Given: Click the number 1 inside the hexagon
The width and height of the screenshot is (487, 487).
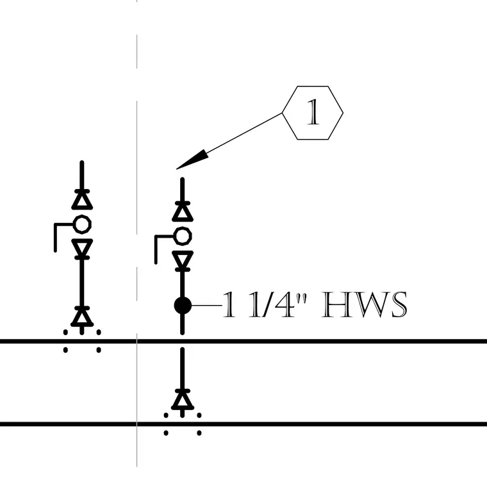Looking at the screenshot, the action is tap(313, 112).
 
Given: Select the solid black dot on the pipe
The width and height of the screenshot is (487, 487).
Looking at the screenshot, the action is tap(183, 306).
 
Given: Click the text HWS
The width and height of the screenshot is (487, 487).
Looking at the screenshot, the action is tap(364, 304).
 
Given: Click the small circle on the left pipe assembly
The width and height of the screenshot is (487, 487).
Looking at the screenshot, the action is tap(82, 224).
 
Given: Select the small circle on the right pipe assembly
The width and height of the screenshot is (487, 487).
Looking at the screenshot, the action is tap(183, 236).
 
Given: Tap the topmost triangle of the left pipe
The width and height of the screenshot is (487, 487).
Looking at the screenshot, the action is tap(82, 201).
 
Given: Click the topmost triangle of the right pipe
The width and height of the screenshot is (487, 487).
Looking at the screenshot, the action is tap(183, 213).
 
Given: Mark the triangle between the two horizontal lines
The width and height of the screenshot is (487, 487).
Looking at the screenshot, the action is tap(183, 400).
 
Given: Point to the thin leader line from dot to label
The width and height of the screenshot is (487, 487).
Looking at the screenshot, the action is tap(206, 306).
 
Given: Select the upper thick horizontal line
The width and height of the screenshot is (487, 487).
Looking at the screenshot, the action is tap(244, 342).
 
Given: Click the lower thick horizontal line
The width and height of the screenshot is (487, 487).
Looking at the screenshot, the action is tap(244, 424).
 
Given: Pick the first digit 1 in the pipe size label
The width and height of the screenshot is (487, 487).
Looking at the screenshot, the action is tap(229, 304).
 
